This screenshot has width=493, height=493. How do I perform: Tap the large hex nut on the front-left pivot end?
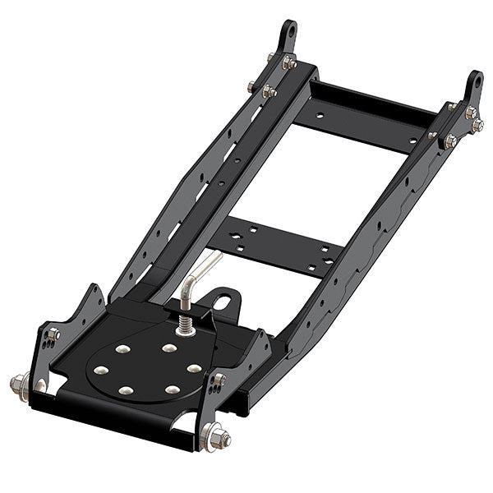(x=19, y=383)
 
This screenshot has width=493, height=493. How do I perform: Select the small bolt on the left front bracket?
(x=54, y=334)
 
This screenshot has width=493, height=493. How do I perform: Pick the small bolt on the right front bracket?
(x=220, y=380)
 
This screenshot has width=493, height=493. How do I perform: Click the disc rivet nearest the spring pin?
(x=169, y=348)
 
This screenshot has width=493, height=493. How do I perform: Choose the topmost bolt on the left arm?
(x=289, y=62)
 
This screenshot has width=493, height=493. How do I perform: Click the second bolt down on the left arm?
(x=269, y=91)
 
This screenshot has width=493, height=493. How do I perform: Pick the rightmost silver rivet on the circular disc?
(x=194, y=368)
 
